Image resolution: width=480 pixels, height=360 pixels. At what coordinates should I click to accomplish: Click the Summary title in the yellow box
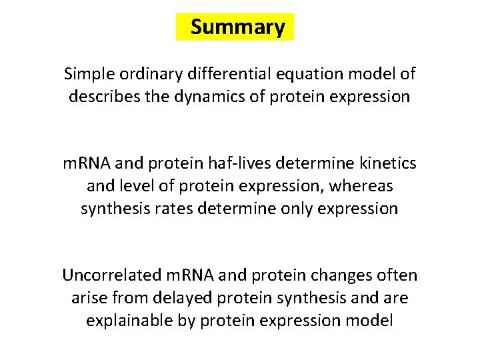237,27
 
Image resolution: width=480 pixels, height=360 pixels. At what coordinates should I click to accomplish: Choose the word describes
101,96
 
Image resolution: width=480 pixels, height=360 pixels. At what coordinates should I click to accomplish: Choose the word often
399,275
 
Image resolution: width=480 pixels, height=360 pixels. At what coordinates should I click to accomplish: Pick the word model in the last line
370,321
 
